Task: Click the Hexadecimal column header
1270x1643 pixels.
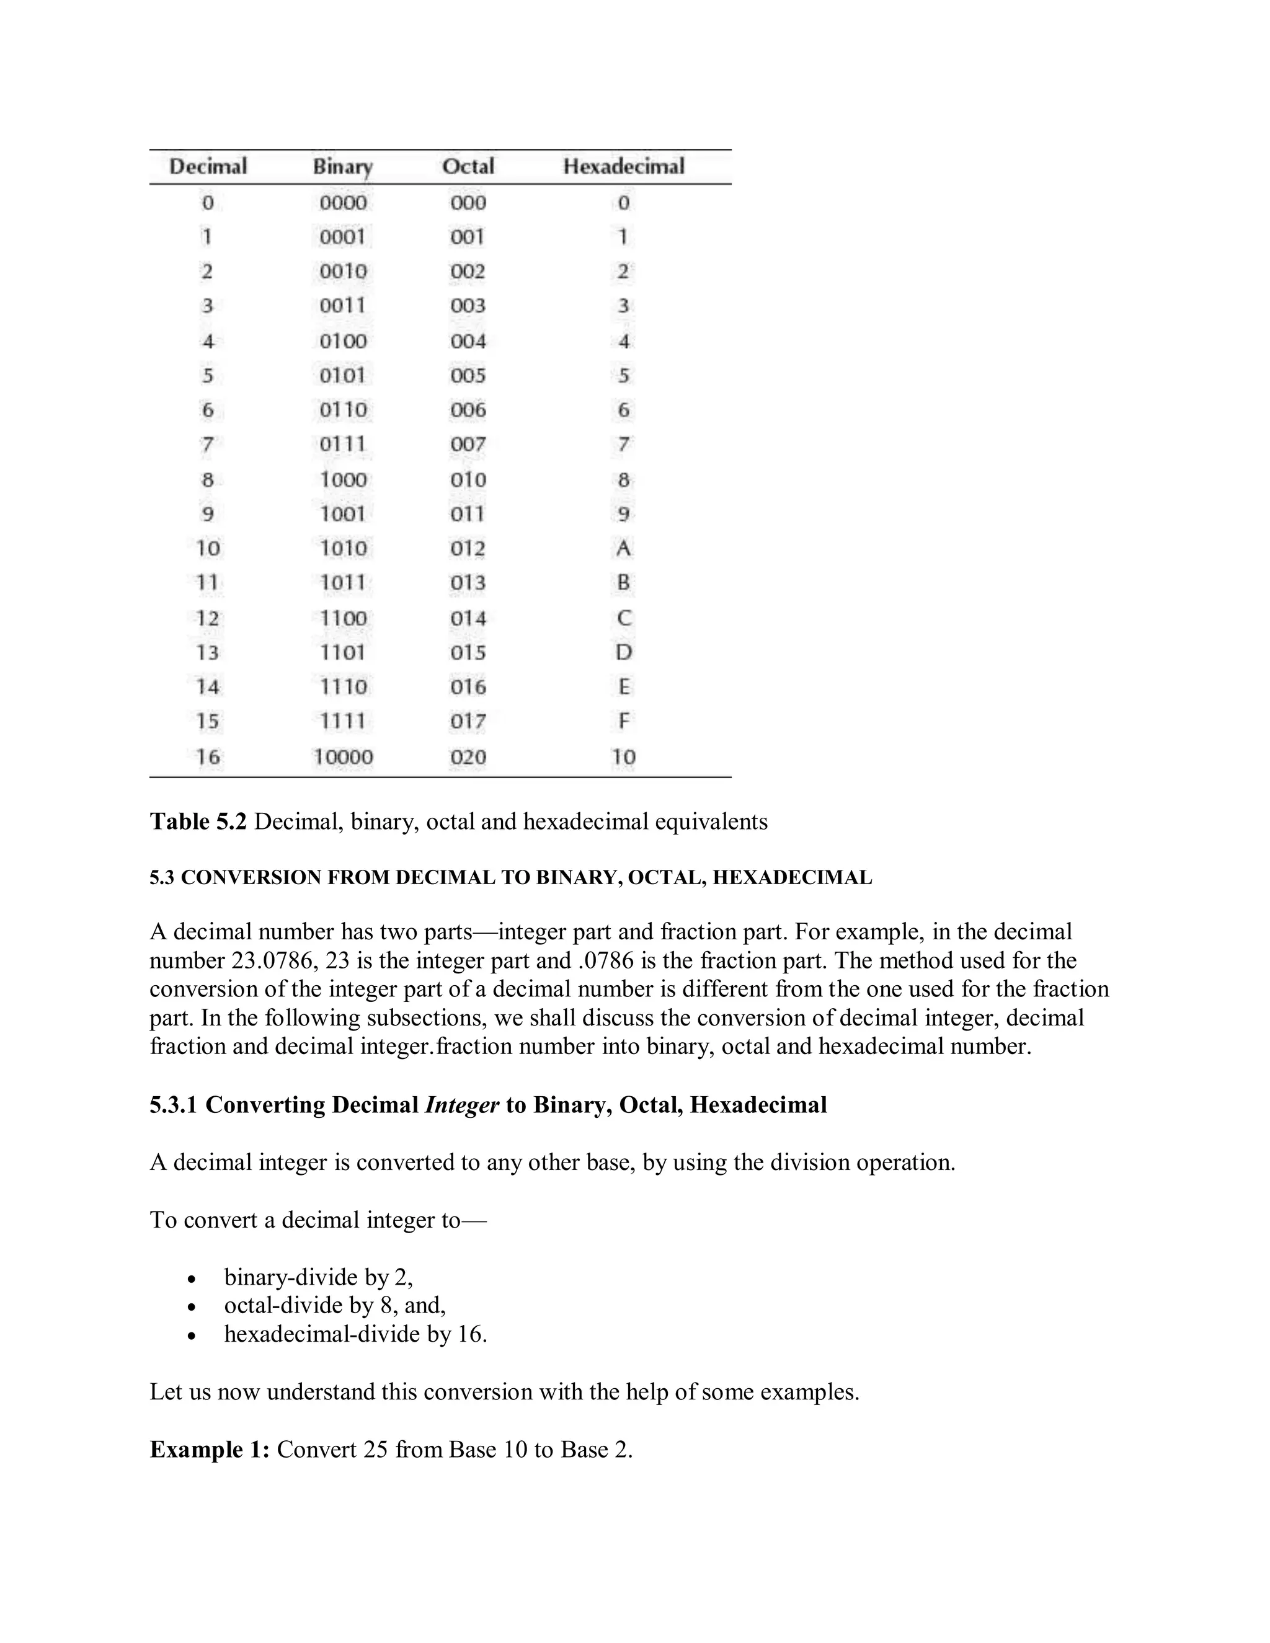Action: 623,166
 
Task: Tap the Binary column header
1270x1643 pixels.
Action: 342,166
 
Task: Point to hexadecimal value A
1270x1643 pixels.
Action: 623,549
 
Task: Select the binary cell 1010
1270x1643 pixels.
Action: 343,549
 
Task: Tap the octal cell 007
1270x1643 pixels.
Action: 468,445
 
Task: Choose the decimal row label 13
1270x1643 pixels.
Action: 207,652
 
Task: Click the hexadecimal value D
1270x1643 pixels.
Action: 623,652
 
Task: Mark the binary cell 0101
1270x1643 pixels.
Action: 342,375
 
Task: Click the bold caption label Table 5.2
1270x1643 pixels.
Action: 198,821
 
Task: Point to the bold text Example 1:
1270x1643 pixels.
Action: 209,1450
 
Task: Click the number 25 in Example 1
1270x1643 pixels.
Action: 375,1450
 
